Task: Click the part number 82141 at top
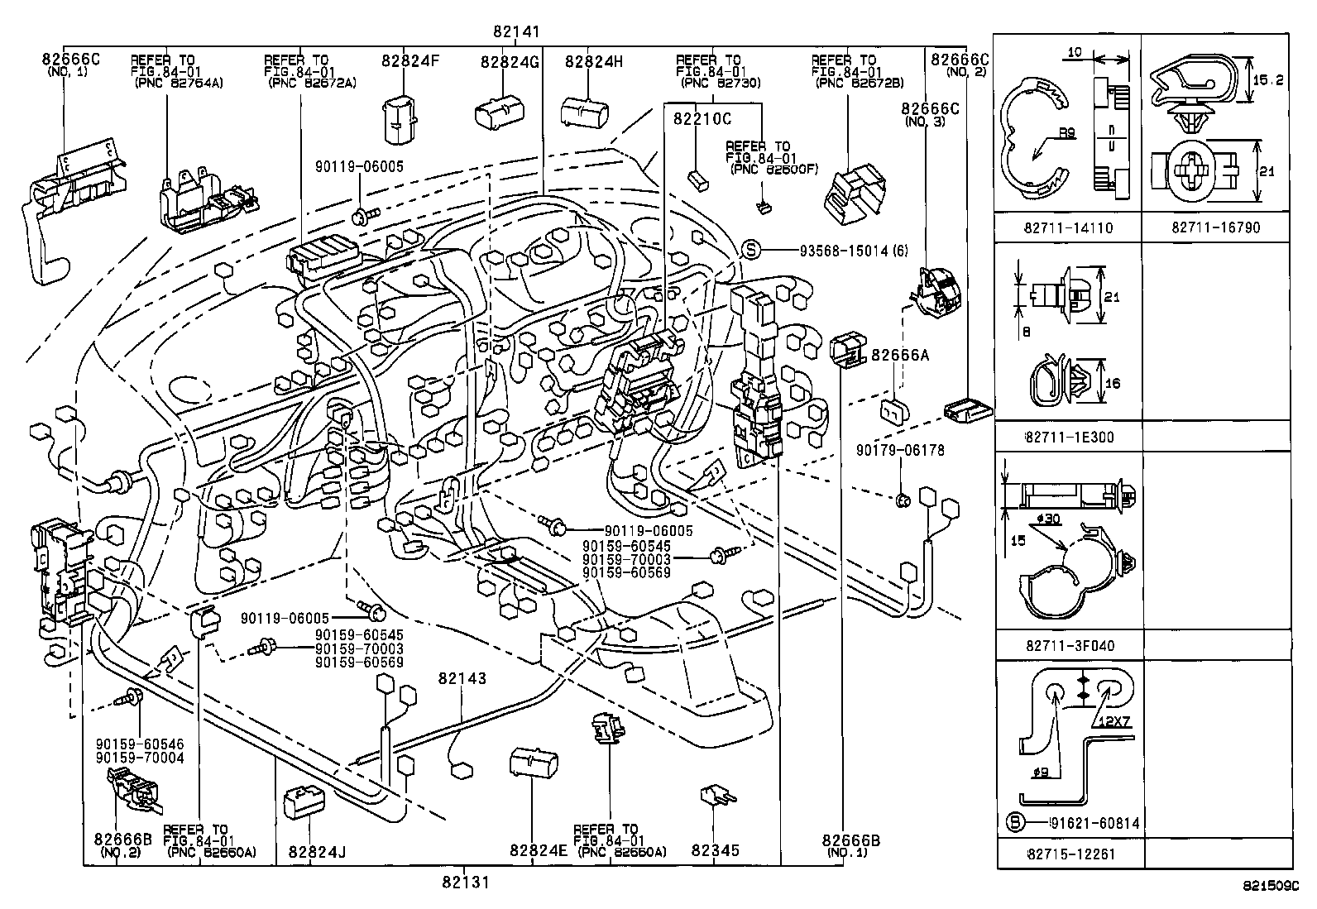(x=515, y=33)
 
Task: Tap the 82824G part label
(x=509, y=62)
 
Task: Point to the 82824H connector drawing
(x=585, y=112)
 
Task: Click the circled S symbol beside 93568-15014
(x=750, y=251)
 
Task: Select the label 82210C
(x=702, y=119)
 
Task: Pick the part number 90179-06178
(x=900, y=451)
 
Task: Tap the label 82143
(x=462, y=678)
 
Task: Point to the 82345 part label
(x=715, y=850)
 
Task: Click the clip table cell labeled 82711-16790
(x=1215, y=227)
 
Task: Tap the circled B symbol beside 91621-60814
(x=1015, y=823)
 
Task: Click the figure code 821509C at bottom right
(x=1266, y=885)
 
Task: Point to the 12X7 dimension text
(x=1113, y=722)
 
